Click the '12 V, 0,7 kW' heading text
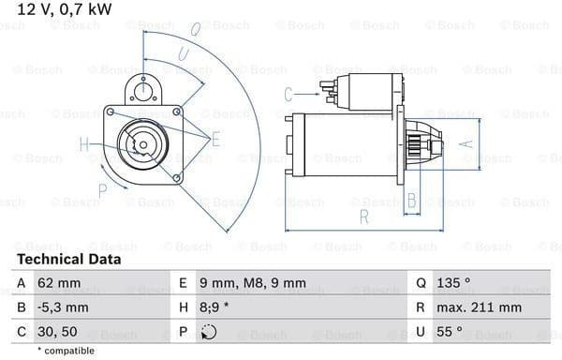point(65,9)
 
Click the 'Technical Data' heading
point(68,259)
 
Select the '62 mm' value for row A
point(59,283)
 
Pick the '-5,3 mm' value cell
point(63,307)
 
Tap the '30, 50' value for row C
point(57,332)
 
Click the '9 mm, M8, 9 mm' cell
point(253,283)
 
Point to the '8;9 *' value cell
point(214,307)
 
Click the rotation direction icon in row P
point(209,332)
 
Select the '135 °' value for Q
point(453,283)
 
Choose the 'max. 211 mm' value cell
point(479,307)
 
